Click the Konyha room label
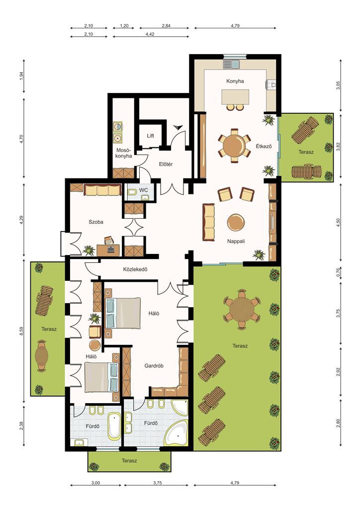coord(235,81)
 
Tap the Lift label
coord(150,136)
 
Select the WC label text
coord(144,190)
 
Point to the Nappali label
coord(236,241)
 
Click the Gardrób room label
coord(154,366)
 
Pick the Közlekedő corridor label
coord(135,269)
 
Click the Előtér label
coord(166,164)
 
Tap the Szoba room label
coord(96,222)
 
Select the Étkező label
coord(264,146)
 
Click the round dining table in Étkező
coord(234,146)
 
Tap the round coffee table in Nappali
coord(236,223)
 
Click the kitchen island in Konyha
coord(235,97)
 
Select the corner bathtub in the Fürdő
coord(176,433)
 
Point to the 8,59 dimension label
coord(21,331)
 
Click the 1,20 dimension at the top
coord(124,26)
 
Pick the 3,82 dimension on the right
coord(338,147)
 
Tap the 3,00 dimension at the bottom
coord(95,483)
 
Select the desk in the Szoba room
coord(108,250)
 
